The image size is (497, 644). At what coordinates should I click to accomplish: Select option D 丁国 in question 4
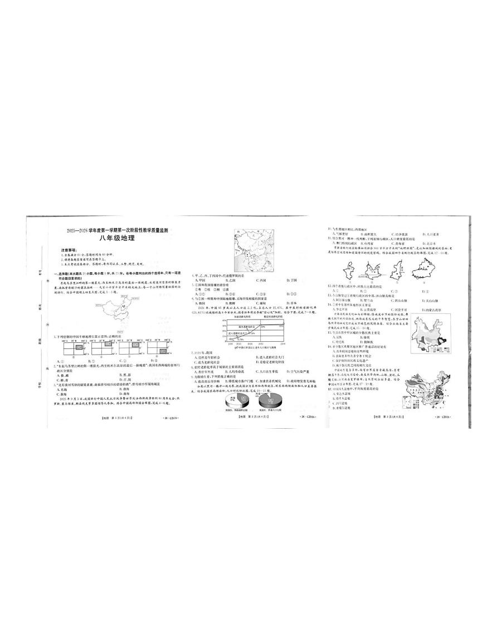(x=293, y=279)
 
